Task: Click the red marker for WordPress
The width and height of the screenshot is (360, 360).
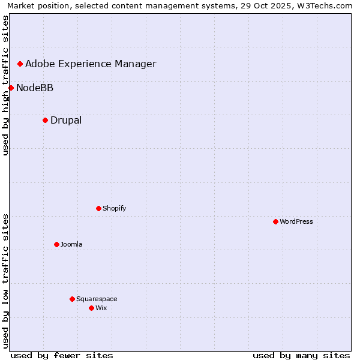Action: (x=275, y=221)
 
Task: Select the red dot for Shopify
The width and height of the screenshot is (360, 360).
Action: (x=98, y=208)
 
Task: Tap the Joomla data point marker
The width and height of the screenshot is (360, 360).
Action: (x=56, y=244)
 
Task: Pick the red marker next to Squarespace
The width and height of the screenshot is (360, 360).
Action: (x=72, y=299)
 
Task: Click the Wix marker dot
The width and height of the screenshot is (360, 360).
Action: (x=91, y=308)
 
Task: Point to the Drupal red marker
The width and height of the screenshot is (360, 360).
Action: (x=45, y=120)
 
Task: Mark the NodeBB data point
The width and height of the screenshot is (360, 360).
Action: (x=11, y=88)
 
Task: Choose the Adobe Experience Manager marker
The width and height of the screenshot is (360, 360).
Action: (x=20, y=64)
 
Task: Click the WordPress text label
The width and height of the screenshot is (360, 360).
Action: (x=296, y=221)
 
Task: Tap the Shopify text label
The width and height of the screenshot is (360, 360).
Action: (x=115, y=208)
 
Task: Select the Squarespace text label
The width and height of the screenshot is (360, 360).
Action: (x=97, y=299)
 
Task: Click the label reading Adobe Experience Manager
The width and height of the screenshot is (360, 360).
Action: (x=91, y=64)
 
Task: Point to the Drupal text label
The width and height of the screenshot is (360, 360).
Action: (x=66, y=120)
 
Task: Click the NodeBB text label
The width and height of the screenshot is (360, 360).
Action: (x=35, y=88)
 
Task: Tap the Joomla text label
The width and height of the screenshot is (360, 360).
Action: (x=71, y=244)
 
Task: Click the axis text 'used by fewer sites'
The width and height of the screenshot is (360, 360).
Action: (x=62, y=355)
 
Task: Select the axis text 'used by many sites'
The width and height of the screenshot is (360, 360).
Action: (x=301, y=355)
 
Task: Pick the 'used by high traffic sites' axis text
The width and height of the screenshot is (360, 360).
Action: (x=5, y=85)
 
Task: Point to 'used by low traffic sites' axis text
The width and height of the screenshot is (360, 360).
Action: (x=5, y=281)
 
